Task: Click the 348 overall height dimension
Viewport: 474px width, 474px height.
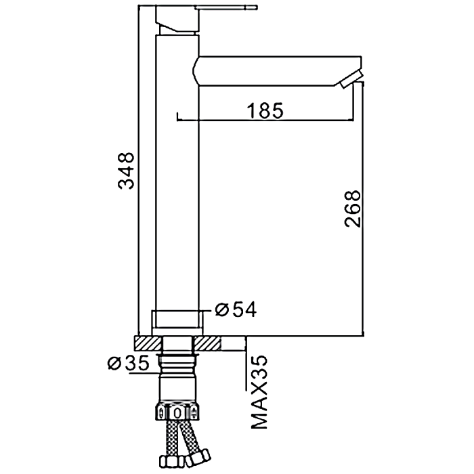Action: coord(127,171)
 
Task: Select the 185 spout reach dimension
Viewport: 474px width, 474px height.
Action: coord(265,110)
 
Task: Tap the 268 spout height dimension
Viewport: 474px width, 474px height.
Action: coord(353,209)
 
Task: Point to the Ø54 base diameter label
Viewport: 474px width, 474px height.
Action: coord(236,309)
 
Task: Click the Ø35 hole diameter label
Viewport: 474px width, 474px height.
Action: coord(129,363)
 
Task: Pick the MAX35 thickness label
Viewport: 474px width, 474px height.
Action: coord(259,392)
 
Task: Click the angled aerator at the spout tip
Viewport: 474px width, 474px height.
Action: coord(350,79)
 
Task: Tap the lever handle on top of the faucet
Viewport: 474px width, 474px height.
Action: coord(228,7)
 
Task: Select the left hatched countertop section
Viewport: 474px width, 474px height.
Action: coord(148,344)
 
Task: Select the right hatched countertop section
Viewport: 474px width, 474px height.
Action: coord(208,344)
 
